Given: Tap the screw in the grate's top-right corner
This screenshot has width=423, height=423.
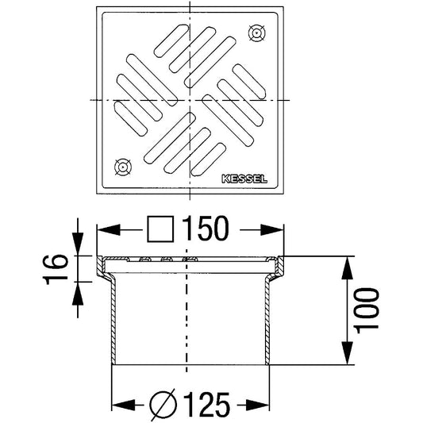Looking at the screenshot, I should pyautogui.click(x=256, y=33).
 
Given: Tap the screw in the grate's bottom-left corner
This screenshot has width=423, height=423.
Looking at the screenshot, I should pyautogui.click(x=122, y=167).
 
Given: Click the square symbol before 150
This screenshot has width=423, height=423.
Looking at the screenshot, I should pyautogui.click(x=161, y=229).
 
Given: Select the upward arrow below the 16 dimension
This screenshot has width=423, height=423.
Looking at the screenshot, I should pyautogui.click(x=78, y=293).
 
